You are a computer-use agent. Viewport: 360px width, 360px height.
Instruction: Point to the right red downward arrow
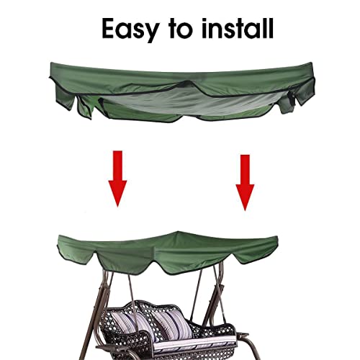(x=245, y=181)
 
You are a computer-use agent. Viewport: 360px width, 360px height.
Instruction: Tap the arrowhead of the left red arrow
(x=117, y=196)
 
